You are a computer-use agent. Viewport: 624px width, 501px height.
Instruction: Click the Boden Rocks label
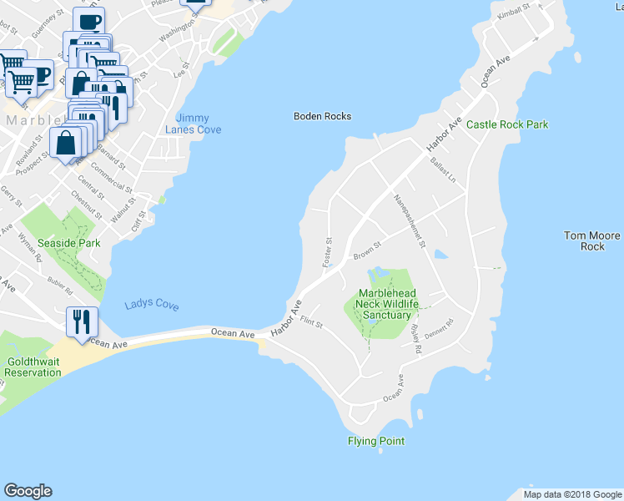[322, 116]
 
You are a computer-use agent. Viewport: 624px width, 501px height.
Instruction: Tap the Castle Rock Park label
[507, 124]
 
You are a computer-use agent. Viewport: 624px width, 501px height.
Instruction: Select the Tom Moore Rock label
[592, 241]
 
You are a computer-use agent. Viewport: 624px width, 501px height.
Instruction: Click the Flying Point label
[376, 441]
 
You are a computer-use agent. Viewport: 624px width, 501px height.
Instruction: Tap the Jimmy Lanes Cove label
[193, 124]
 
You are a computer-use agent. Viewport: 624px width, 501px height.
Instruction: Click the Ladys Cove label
[151, 306]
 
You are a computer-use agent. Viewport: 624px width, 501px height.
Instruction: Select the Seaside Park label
[73, 243]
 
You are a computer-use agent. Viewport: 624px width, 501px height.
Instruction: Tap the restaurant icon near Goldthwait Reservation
[82, 321]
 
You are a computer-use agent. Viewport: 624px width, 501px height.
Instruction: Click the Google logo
[28, 491]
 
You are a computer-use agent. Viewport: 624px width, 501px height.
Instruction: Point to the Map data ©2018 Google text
[571, 494]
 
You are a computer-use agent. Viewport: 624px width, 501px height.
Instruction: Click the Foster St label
[328, 252]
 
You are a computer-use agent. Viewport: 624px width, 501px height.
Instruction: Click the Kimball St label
[513, 12]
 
